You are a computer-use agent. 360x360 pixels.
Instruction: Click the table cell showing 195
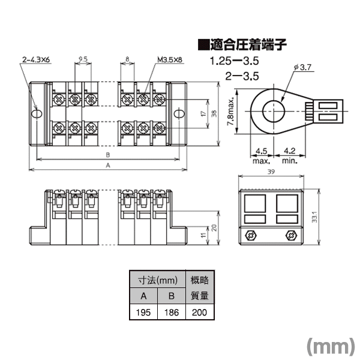click(143, 312)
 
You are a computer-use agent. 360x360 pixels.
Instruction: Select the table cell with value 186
click(172, 312)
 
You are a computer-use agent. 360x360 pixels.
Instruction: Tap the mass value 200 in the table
click(200, 312)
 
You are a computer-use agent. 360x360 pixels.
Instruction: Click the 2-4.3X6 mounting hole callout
click(36, 59)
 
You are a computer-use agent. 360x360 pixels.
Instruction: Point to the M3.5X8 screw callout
click(170, 59)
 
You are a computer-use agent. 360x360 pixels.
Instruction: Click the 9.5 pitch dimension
click(83, 59)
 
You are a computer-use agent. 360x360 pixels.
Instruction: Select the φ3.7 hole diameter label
click(302, 67)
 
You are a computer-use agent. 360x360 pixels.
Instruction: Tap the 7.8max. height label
click(231, 111)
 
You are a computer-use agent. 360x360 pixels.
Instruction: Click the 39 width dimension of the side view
click(271, 172)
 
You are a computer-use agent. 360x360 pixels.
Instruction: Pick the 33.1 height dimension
click(314, 217)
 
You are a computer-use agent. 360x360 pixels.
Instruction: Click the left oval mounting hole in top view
click(36, 114)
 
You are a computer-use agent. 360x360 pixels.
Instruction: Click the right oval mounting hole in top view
click(179, 114)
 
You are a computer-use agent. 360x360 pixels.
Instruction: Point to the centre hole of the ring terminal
click(274, 112)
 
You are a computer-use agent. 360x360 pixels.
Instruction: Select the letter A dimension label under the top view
click(108, 165)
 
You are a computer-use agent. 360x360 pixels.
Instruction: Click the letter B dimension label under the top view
click(108, 155)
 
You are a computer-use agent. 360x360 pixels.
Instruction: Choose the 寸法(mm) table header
click(158, 280)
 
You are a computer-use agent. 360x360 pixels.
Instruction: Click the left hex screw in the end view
click(251, 236)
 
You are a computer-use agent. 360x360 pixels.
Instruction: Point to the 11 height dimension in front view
click(203, 235)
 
